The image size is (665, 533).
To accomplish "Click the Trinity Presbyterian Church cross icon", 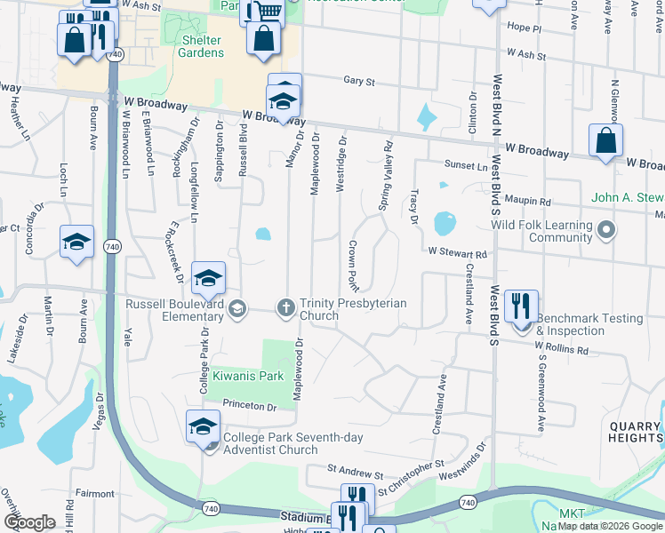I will click(x=286, y=308).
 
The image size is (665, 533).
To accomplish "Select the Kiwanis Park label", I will click(x=248, y=376).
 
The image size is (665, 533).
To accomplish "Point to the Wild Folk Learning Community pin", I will click(x=606, y=231).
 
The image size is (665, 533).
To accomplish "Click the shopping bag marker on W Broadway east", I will click(x=605, y=141).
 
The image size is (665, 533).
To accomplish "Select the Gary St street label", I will click(x=358, y=81).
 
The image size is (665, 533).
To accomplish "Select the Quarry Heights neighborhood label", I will click(x=635, y=431).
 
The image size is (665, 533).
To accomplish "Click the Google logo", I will click(x=29, y=522).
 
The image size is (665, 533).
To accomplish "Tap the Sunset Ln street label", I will click(x=466, y=166).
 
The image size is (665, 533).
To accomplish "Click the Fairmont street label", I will click(x=95, y=493).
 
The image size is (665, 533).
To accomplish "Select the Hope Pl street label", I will click(x=524, y=28).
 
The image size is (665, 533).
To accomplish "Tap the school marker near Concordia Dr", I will click(x=77, y=242).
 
